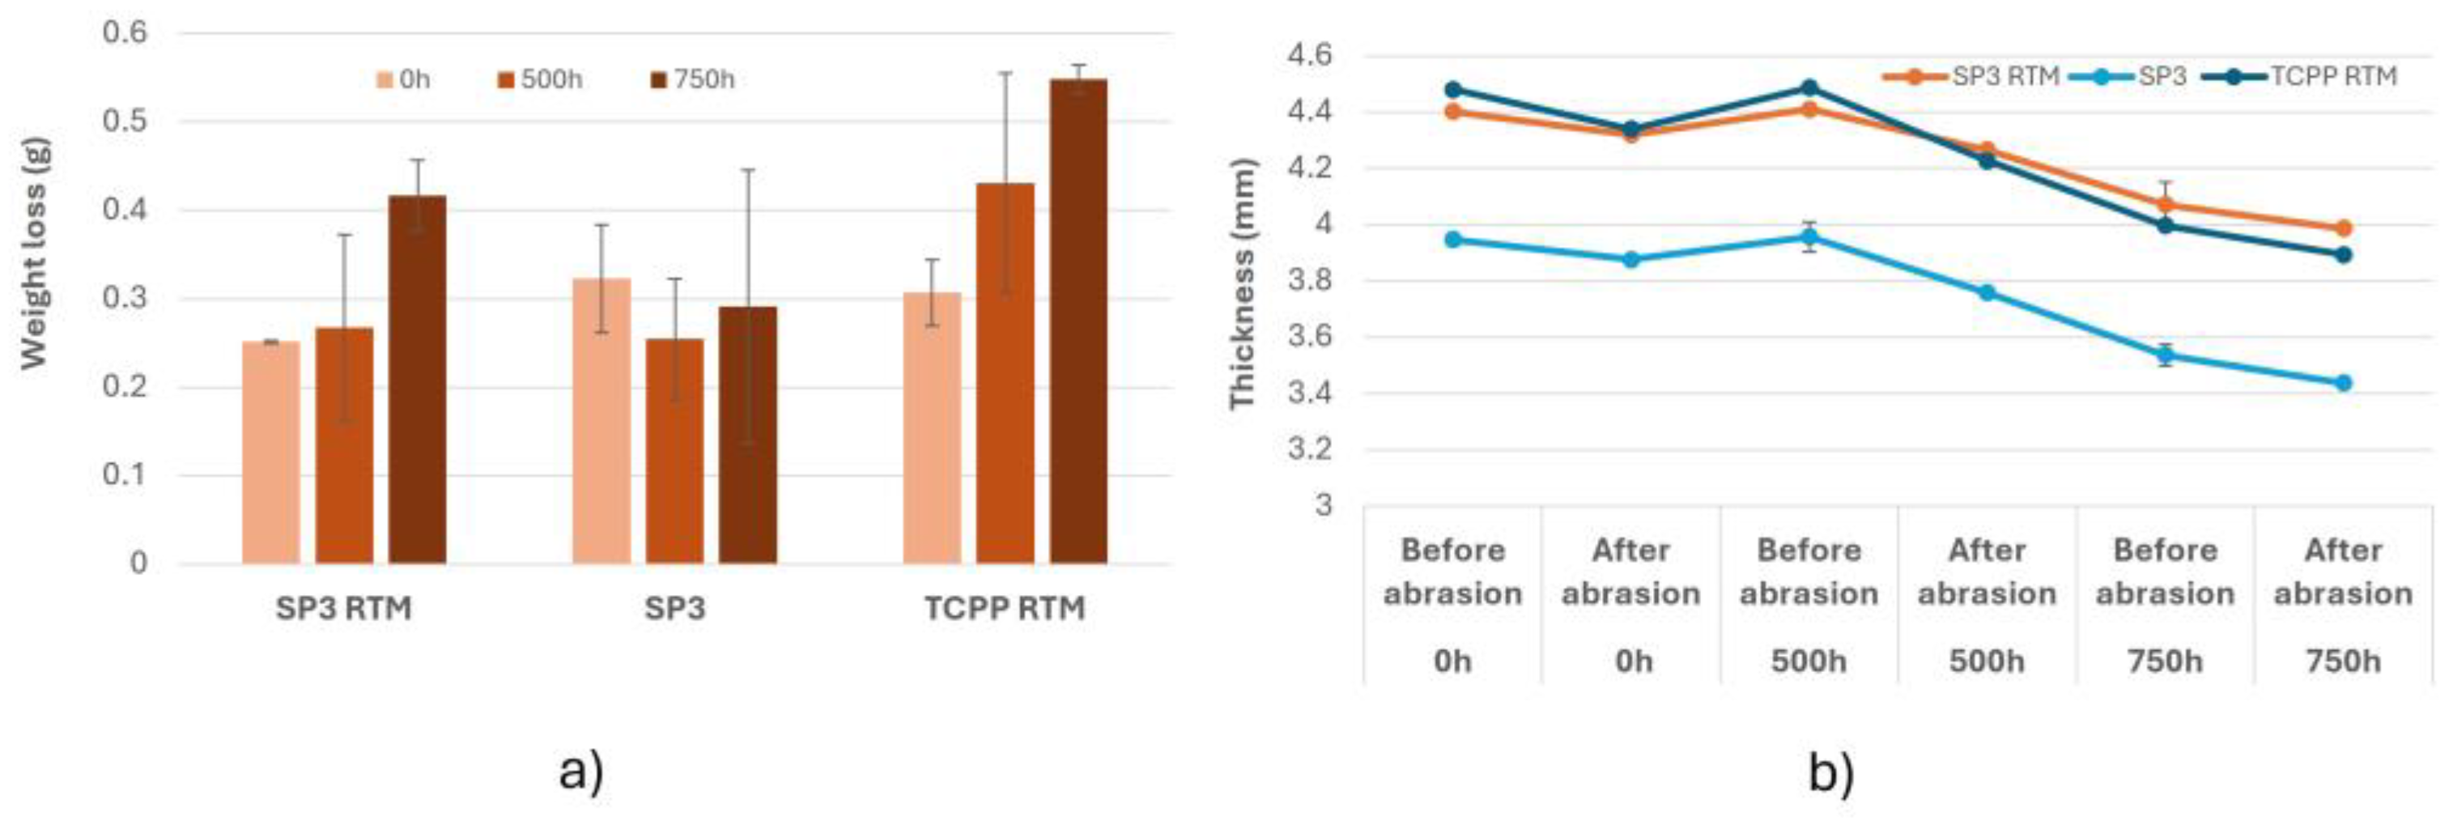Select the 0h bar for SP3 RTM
click(270, 453)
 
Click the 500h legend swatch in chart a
click(507, 80)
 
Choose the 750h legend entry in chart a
click(693, 80)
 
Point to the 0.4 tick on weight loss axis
click(125, 210)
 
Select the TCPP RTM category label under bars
click(1005, 608)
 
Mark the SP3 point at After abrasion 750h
click(2344, 383)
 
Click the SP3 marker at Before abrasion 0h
click(1453, 240)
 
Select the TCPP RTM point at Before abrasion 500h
click(1809, 87)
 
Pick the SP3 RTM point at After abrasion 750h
click(2344, 228)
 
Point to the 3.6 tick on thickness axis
click(1311, 337)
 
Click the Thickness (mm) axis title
click(1242, 284)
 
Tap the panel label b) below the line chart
click(1831, 773)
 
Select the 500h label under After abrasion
click(1987, 661)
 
